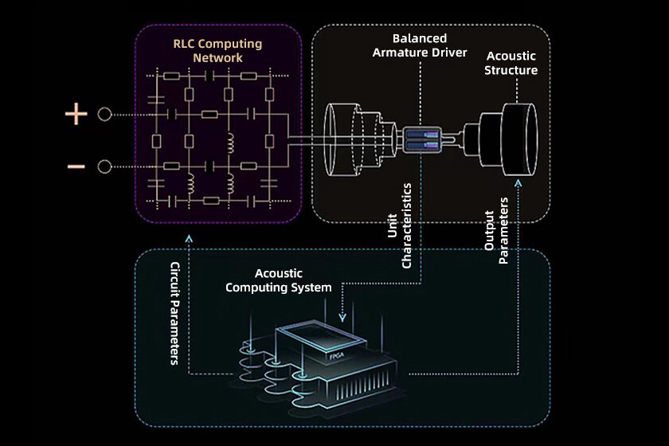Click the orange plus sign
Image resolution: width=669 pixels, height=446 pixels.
point(76,115)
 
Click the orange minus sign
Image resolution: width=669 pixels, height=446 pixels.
point(76,166)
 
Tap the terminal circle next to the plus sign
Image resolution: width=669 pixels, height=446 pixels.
point(104,115)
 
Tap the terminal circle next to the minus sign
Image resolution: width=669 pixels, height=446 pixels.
point(104,166)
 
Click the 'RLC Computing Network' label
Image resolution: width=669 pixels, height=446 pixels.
point(217,50)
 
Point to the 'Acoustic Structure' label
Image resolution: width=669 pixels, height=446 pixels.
point(512,62)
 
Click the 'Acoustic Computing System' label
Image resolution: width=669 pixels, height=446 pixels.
point(279,280)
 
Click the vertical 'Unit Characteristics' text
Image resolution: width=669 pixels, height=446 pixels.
point(399,225)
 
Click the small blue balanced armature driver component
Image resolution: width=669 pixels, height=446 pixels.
point(422,140)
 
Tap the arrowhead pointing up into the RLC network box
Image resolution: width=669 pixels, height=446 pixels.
point(188,238)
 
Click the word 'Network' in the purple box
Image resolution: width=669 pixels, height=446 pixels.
point(217,58)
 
